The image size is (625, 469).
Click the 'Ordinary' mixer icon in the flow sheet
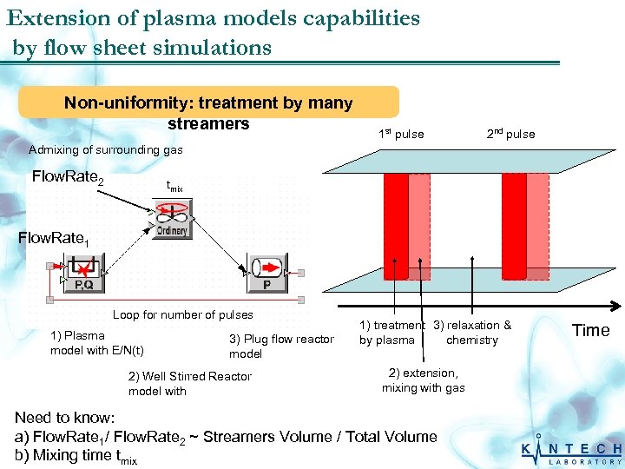pyautogui.click(x=173, y=218)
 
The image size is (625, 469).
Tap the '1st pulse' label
pyautogui.click(x=401, y=134)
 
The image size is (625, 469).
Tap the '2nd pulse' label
pyautogui.click(x=510, y=134)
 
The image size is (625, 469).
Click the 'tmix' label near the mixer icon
pyautogui.click(x=174, y=187)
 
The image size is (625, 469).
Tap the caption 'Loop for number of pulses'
pyautogui.click(x=183, y=314)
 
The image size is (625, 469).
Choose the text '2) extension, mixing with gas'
pyautogui.click(x=424, y=380)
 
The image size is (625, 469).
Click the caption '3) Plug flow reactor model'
pyautogui.click(x=281, y=346)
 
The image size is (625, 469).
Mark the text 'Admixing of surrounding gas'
pyautogui.click(x=106, y=150)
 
